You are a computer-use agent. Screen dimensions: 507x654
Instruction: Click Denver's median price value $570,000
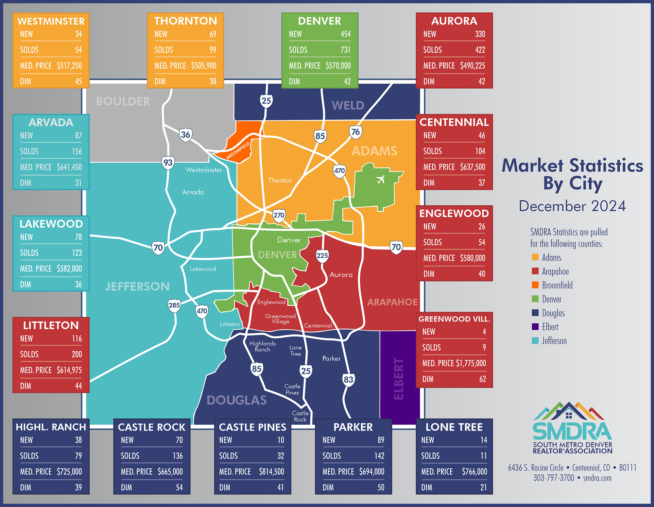pos(338,66)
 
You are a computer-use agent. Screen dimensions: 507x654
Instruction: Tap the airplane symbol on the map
pos(380,180)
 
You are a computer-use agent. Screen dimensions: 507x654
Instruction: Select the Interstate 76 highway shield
pos(355,132)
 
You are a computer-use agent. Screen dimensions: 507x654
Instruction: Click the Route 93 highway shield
pos(168,162)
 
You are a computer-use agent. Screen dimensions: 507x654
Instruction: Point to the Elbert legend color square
pos(535,327)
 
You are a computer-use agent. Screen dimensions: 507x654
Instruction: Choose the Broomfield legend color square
pos(535,285)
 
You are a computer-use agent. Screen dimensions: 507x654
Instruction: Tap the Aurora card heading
pos(454,21)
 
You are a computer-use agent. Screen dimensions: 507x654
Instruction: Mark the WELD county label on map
pos(348,105)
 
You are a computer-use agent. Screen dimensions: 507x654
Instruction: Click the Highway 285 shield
pos(174,305)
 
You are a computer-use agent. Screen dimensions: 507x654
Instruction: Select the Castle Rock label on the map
pos(300,416)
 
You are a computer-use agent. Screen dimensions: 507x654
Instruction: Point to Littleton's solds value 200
pos(77,354)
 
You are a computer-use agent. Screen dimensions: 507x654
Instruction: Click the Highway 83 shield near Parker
pos(348,379)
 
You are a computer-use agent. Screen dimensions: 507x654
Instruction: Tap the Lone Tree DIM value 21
pos(483,487)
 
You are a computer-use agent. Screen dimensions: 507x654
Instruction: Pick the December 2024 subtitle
pos(572,206)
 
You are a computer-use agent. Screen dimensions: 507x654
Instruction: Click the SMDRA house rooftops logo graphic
pos(569,412)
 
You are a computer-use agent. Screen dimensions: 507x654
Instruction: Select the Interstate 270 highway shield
pos(279,215)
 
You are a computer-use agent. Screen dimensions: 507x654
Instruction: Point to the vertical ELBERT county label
pos(399,378)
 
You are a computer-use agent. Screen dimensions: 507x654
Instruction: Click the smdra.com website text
pos(597,478)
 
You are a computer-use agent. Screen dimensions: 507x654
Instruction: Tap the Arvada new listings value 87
pos(78,135)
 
